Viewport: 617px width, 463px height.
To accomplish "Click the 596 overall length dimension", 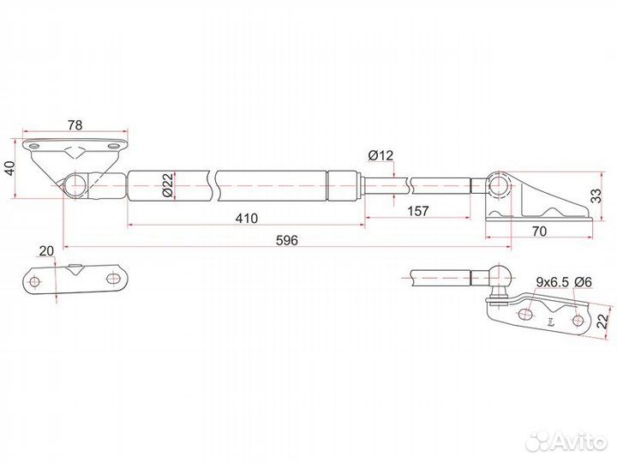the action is click(287, 240).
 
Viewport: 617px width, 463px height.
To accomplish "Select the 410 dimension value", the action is click(247, 218).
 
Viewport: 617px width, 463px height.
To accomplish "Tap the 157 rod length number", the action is click(417, 211).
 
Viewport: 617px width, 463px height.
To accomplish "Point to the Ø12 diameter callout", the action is click(380, 155).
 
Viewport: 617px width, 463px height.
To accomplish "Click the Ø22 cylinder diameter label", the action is click(167, 185).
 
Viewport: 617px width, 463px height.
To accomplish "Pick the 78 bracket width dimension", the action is click(75, 125).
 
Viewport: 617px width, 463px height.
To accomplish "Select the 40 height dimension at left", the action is click(9, 168).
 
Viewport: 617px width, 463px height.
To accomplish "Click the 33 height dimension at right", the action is click(597, 195).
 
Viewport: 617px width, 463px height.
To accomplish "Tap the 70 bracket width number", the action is click(539, 231).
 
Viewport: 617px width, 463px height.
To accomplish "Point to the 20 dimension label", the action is click(46, 250).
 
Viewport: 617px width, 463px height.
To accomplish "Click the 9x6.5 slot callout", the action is click(553, 282).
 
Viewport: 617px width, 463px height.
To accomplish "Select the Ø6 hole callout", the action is click(583, 282).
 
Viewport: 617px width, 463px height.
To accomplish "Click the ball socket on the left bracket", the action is click(75, 185).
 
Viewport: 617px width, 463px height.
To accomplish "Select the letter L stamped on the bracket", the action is click(550, 323).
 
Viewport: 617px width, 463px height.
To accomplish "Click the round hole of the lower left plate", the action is click(35, 282).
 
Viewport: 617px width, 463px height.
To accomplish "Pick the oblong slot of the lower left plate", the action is click(114, 279).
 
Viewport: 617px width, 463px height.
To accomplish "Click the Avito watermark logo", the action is click(567, 439).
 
